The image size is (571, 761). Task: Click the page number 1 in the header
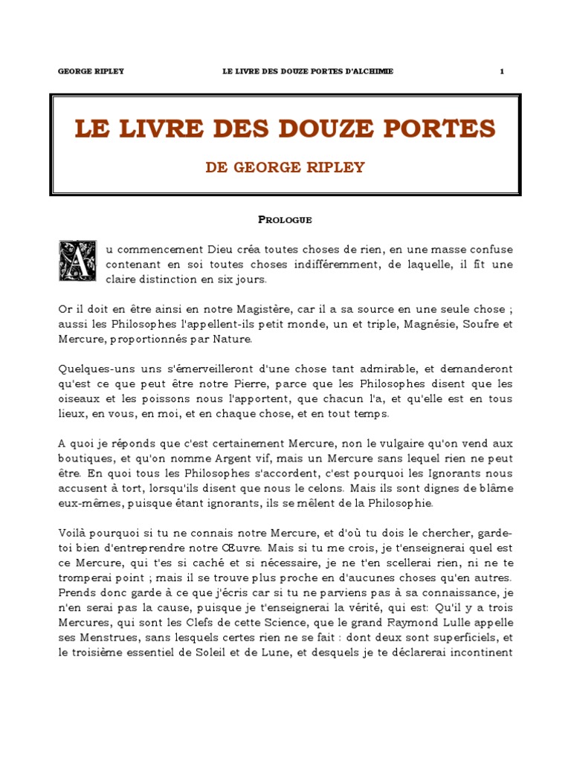502,71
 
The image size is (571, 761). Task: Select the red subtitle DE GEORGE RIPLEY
285,167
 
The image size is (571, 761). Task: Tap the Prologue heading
285,219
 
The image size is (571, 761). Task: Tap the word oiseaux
80,399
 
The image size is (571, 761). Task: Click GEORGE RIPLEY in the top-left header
91,71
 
